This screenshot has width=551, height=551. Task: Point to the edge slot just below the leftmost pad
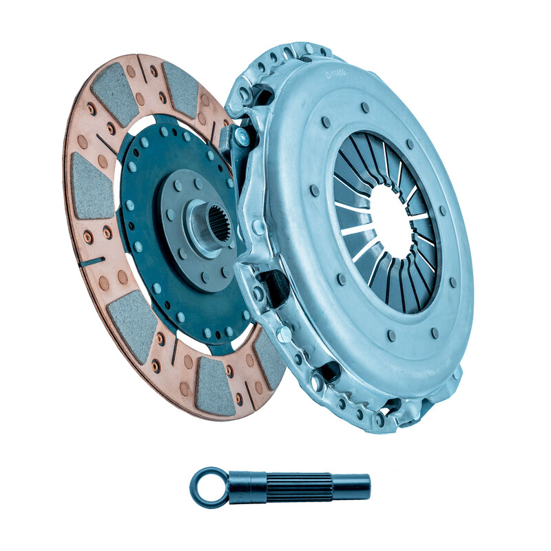click(93, 261)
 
